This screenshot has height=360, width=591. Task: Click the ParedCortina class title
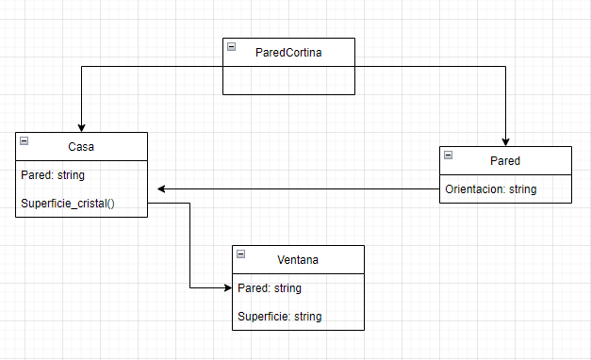pyautogui.click(x=288, y=53)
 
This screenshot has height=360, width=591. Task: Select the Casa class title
pyautogui.click(x=81, y=147)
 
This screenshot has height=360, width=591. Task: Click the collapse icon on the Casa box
pyautogui.click(x=24, y=141)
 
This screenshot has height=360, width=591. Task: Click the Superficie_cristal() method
pyautogui.click(x=67, y=203)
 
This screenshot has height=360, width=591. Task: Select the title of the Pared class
pyautogui.click(x=505, y=160)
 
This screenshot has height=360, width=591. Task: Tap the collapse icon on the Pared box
pyautogui.click(x=448, y=155)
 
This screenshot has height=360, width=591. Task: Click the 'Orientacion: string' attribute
pyautogui.click(x=490, y=188)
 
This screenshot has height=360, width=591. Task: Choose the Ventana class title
pyautogui.click(x=298, y=259)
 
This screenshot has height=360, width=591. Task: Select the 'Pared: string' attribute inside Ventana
pyautogui.click(x=270, y=287)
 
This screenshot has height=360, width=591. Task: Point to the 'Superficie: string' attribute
pyautogui.click(x=280, y=316)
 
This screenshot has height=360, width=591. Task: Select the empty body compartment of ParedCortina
pyautogui.click(x=288, y=80)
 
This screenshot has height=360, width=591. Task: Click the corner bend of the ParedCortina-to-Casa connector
pyautogui.click(x=82, y=67)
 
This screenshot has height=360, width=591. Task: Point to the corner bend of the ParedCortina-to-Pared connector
pyautogui.click(x=506, y=67)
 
